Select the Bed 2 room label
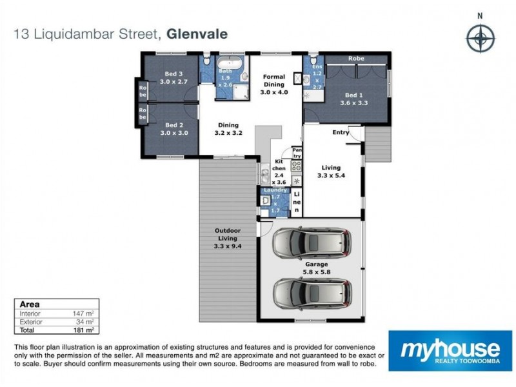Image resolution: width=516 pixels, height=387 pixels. coord(171,125)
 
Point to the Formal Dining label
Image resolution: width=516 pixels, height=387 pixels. coord(274,80)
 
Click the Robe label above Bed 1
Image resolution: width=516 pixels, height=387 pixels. coord(356,59)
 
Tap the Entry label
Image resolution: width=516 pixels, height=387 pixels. coord(341,132)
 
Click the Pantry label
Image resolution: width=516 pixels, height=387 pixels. coord(297,152)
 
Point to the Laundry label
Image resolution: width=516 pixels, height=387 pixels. coord(275,190)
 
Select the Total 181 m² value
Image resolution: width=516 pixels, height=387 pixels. coord(87,329)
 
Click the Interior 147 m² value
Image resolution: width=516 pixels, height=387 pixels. coord(87,312)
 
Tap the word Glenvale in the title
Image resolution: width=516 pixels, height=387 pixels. coord(197,35)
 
